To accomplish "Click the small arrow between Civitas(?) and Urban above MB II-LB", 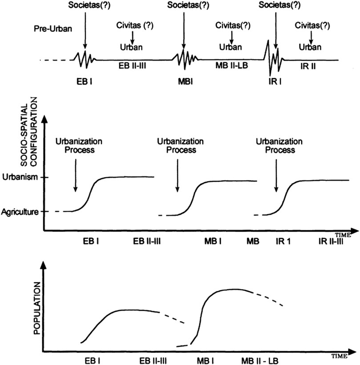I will [231, 37].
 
